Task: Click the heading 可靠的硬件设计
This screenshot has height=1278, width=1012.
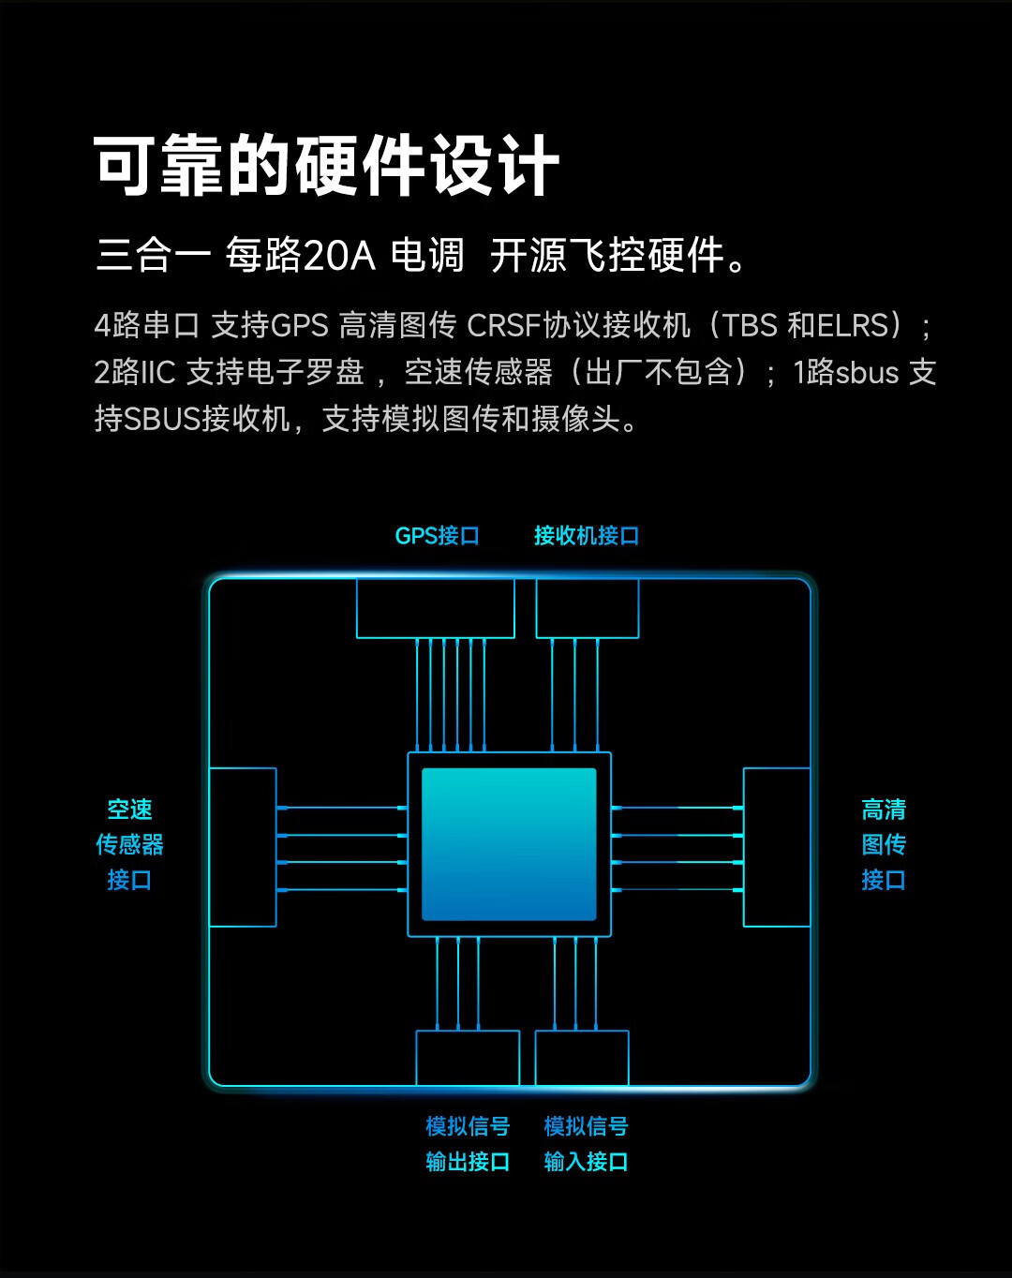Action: coord(326,165)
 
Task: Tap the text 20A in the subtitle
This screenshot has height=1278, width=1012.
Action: coord(339,256)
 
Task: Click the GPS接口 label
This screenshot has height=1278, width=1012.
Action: coord(437,536)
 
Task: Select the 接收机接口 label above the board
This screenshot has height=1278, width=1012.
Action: coord(587,536)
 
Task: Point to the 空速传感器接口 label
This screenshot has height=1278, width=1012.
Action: coord(129,844)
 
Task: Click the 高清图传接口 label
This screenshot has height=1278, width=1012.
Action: coord(884,844)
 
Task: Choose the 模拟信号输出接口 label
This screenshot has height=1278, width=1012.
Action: coord(468,1143)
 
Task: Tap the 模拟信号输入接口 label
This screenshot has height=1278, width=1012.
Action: coord(587,1143)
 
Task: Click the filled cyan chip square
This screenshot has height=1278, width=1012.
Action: coord(509,844)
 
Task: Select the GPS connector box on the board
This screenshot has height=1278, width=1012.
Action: coord(436,609)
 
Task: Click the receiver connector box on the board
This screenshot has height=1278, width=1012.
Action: coord(588,609)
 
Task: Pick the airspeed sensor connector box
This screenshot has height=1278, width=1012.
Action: coord(243,847)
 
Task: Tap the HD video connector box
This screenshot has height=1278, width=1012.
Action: coord(777,847)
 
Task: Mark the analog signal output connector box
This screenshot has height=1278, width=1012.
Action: coord(468,1058)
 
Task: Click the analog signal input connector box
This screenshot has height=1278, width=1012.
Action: coord(582,1058)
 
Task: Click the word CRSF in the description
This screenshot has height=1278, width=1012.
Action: coord(503,325)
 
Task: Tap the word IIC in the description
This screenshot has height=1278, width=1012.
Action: coord(158,373)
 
